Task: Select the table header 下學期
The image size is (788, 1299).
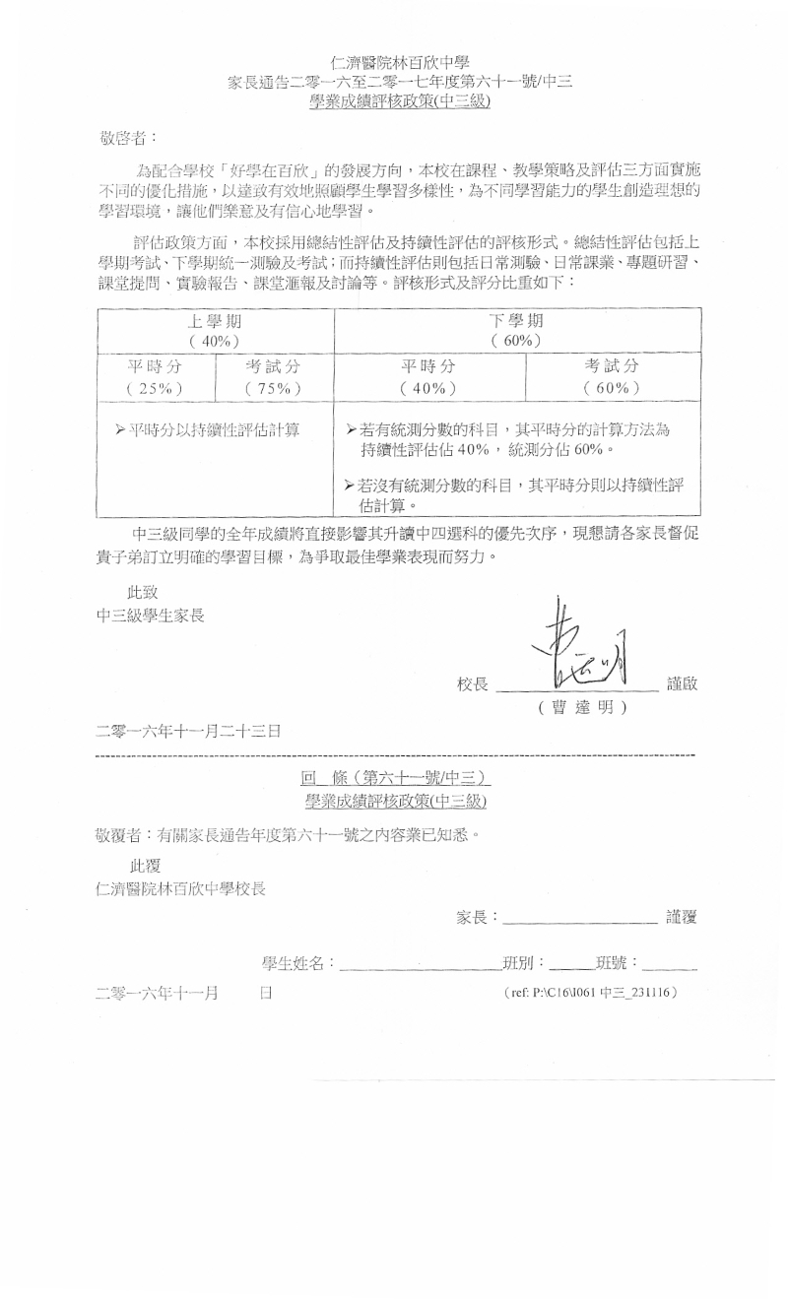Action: coord(518,321)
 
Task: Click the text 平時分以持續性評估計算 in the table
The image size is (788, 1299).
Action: coord(208,429)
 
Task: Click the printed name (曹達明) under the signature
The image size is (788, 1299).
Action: coord(582,708)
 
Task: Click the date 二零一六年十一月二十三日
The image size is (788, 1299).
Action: coord(188,732)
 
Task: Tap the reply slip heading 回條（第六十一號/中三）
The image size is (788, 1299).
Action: coord(394,779)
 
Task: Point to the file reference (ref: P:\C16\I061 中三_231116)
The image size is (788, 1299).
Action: coord(589,994)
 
